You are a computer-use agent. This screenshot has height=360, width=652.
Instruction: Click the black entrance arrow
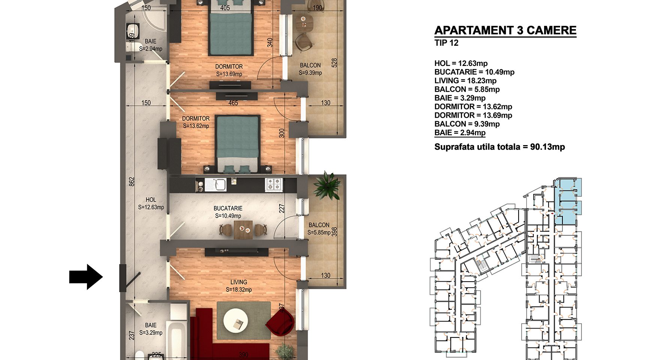pyautogui.click(x=86, y=277)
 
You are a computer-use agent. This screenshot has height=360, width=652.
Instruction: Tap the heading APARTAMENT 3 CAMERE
pyautogui.click(x=505, y=30)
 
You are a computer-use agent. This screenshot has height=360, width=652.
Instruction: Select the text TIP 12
pyautogui.click(x=447, y=43)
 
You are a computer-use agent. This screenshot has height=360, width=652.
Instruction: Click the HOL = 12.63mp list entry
pyautogui.click(x=461, y=63)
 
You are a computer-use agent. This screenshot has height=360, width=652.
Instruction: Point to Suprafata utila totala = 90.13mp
pyautogui.click(x=500, y=147)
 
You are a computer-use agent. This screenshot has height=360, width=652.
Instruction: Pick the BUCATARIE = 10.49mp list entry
pyautogui.click(x=474, y=72)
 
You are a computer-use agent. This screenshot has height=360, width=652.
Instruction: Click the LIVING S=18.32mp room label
pyautogui.click(x=239, y=286)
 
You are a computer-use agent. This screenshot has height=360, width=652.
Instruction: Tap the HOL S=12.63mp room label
pyautogui.click(x=151, y=204)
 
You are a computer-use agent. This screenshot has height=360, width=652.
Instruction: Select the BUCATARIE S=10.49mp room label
pyautogui.click(x=228, y=212)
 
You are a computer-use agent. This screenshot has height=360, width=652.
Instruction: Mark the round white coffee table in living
pyautogui.click(x=236, y=321)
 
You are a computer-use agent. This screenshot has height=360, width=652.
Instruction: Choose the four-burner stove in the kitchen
pyautogui.click(x=273, y=184)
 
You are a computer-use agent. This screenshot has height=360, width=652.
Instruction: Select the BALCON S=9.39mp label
pyautogui.click(x=310, y=69)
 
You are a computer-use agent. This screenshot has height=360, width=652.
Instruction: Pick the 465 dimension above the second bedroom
pyautogui.click(x=233, y=103)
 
